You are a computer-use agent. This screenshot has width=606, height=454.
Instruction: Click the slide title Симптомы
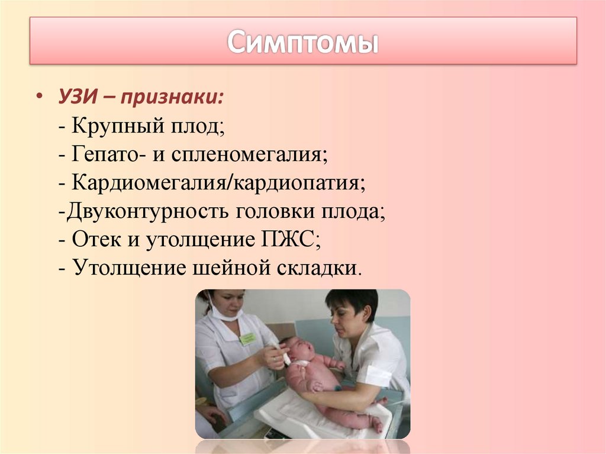[x=302, y=41]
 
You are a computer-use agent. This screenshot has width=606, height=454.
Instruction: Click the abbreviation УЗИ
[x=76, y=96]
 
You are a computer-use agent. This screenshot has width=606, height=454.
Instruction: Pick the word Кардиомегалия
[x=149, y=183]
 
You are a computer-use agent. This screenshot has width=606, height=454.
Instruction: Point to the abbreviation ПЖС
[x=286, y=240]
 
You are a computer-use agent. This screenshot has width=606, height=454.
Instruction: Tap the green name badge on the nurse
[x=248, y=339]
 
